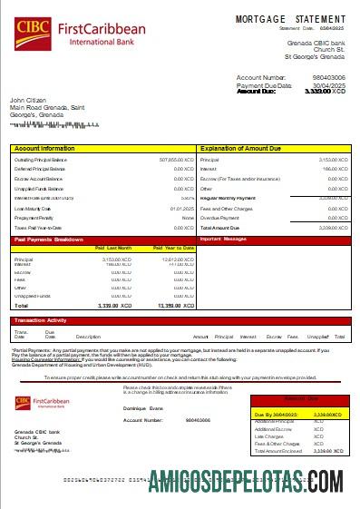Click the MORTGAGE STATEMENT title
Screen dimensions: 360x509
pyautogui.click(x=290, y=19)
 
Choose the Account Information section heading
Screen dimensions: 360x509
pyautogui.click(x=44, y=147)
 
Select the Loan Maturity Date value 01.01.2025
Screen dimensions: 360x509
pyautogui.click(x=182, y=209)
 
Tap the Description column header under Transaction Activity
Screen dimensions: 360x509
pyautogui.click(x=88, y=337)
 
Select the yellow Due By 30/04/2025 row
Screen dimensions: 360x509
pyautogui.click(x=299, y=415)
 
